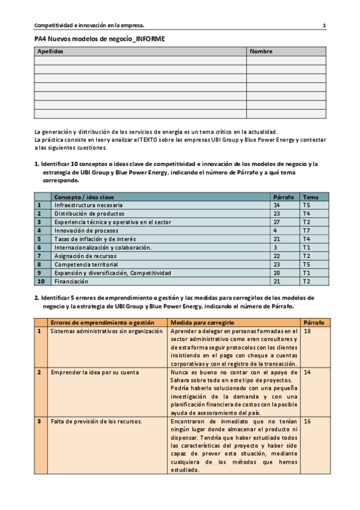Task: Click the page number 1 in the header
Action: click(x=325, y=25)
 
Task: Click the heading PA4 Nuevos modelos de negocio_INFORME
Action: click(x=100, y=38)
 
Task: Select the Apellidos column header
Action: click(x=50, y=52)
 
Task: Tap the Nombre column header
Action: click(x=261, y=52)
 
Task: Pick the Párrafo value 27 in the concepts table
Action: click(x=277, y=222)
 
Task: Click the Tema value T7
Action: click(x=307, y=230)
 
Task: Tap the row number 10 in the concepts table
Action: click(x=41, y=281)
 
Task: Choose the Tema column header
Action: click(x=310, y=197)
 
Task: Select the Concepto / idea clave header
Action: click(x=84, y=197)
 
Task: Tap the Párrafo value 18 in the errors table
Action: click(x=308, y=331)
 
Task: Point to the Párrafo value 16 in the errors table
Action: click(x=308, y=422)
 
